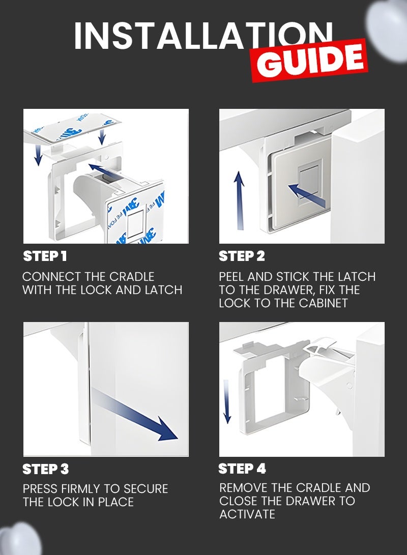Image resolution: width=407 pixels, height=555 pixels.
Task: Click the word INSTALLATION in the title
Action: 203,36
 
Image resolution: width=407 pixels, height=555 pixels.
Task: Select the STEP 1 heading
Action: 45,256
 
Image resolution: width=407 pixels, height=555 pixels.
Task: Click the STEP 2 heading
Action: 242,256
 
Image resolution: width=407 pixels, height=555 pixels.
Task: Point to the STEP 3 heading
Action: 46,469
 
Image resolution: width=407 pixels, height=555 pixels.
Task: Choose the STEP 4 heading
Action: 242,469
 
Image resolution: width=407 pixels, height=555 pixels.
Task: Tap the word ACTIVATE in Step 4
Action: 247,514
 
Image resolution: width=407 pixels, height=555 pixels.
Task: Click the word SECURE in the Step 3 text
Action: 146,489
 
